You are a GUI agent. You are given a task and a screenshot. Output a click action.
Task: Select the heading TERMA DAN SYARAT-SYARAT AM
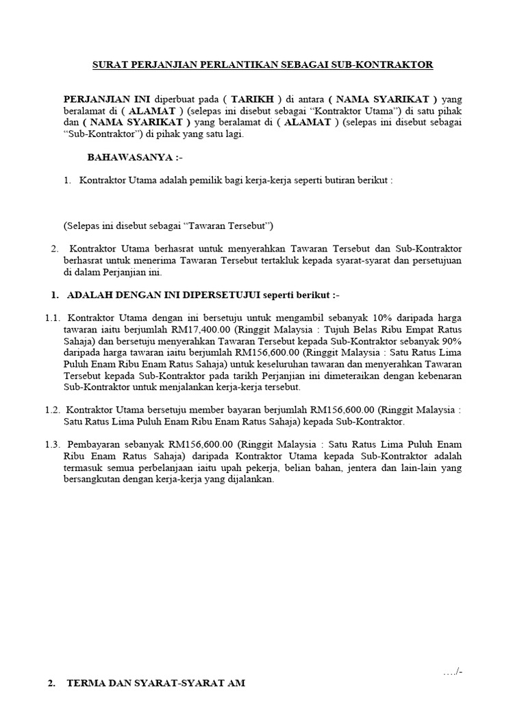155,684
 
